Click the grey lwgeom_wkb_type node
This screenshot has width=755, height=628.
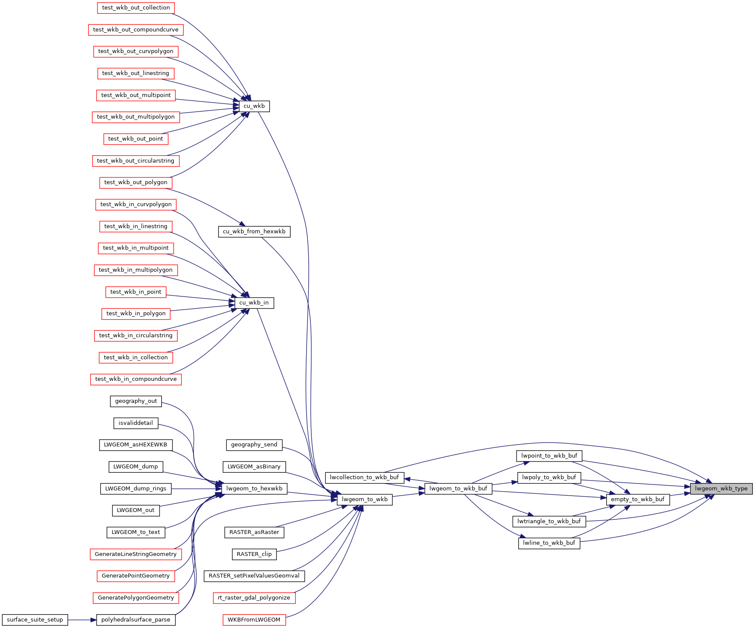721,489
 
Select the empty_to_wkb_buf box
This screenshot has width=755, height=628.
638,499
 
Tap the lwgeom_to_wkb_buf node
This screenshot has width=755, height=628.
458,489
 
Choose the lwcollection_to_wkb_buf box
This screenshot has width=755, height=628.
364,477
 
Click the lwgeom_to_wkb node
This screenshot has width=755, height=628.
365,499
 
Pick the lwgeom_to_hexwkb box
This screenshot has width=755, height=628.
254,489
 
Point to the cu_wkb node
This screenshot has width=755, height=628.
254,106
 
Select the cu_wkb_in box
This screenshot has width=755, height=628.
254,303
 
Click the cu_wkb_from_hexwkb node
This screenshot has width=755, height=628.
254,232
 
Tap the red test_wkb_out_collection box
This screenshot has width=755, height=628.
136,8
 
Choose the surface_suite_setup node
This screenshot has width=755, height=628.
35,620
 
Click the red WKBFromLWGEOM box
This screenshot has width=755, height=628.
254,620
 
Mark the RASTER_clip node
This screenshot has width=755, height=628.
254,554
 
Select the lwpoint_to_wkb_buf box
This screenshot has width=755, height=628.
549,456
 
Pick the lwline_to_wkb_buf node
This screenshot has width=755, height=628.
549,543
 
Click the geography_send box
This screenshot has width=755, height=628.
254,445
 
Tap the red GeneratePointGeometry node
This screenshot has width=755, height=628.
136,576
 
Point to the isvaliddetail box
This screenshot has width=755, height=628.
136,423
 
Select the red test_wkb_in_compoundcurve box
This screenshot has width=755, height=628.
136,379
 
